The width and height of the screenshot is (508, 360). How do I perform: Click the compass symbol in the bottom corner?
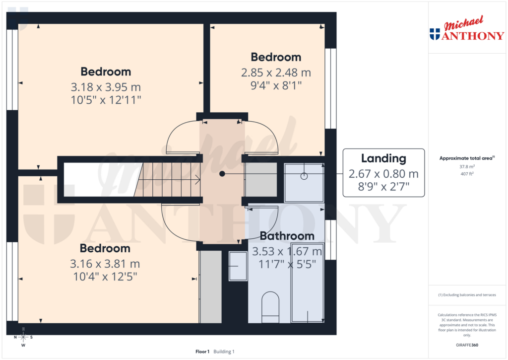[x=23, y=337]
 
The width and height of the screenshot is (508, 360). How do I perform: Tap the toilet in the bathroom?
[x=270, y=307]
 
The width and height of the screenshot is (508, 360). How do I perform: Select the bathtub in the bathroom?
[x=307, y=283]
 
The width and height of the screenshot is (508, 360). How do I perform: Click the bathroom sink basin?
[x=238, y=266]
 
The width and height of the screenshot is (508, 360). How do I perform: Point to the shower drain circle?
[x=304, y=176]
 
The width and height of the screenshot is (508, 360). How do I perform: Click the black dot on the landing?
[x=222, y=174]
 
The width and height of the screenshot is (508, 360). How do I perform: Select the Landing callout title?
[x=383, y=159]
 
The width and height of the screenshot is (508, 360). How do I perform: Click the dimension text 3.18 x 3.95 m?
[x=106, y=87]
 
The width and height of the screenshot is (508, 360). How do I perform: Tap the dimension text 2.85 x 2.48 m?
[x=276, y=72]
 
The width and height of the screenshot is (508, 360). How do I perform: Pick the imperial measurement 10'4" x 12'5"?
[x=105, y=276]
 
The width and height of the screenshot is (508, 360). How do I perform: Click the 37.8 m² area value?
[x=466, y=167]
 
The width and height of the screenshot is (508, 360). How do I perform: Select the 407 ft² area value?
[x=466, y=174]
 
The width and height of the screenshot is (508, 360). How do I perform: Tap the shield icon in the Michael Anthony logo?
[x=435, y=34]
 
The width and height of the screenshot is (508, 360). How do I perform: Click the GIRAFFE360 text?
[x=466, y=345]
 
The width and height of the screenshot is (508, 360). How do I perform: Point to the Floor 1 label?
[x=202, y=352]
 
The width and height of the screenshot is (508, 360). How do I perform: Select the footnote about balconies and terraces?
[x=466, y=295]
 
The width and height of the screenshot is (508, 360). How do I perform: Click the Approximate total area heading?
[x=465, y=158]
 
